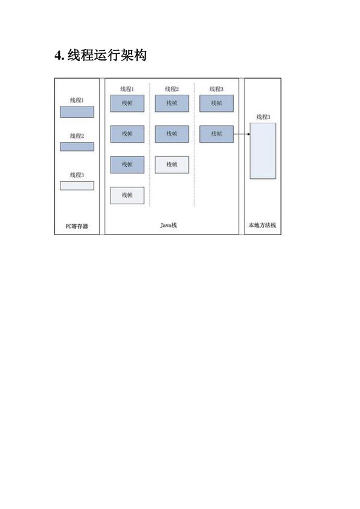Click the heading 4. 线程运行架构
(100, 55)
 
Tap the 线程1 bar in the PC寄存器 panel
(77, 112)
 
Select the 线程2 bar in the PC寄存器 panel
(77, 147)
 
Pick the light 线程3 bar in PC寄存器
(77, 186)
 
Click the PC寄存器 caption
(77, 226)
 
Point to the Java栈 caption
(169, 225)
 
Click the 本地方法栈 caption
(262, 225)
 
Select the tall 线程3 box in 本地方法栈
(263, 151)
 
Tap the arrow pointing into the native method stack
(242, 134)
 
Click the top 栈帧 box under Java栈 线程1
(127, 103)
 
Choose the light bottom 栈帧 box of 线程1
(127, 195)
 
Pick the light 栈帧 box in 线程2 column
(172, 164)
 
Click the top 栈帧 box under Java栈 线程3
(216, 103)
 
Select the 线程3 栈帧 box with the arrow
(216, 134)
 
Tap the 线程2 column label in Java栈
(172, 89)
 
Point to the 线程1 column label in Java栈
(127, 89)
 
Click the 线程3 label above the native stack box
(263, 117)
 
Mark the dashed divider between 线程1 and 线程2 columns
(150, 144)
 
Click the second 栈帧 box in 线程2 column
(172, 134)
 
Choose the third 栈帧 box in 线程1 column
(127, 164)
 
